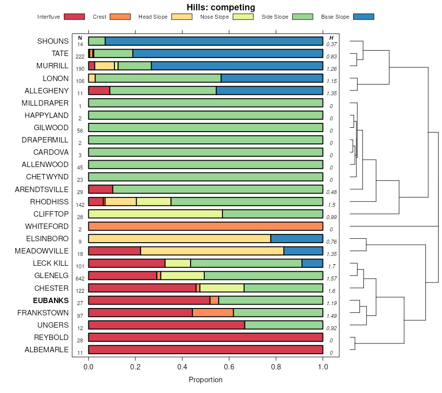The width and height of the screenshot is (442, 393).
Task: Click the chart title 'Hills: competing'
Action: (221, 7)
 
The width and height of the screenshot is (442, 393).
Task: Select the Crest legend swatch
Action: (120, 17)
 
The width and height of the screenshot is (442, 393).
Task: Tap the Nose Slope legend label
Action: (215, 17)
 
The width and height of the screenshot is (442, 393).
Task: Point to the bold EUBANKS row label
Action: (51, 300)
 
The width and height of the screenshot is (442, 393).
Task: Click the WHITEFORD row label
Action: (47, 226)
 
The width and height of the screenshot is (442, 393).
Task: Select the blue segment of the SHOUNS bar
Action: (214, 41)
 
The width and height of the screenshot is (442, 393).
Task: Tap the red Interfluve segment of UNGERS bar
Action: (166, 325)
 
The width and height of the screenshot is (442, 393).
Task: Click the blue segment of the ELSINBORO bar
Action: (297, 238)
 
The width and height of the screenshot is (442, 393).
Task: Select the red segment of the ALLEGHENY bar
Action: (99, 90)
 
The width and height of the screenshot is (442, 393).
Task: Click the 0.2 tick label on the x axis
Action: (136, 366)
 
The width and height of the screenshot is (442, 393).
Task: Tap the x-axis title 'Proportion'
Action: (205, 380)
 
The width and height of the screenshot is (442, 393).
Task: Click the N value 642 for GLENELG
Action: (80, 278)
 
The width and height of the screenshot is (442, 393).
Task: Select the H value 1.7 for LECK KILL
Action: (331, 266)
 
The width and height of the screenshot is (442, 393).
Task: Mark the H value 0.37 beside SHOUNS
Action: (331, 44)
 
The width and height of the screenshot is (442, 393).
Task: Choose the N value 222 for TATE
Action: (80, 56)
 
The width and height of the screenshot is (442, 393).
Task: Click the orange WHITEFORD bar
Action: (205, 226)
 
